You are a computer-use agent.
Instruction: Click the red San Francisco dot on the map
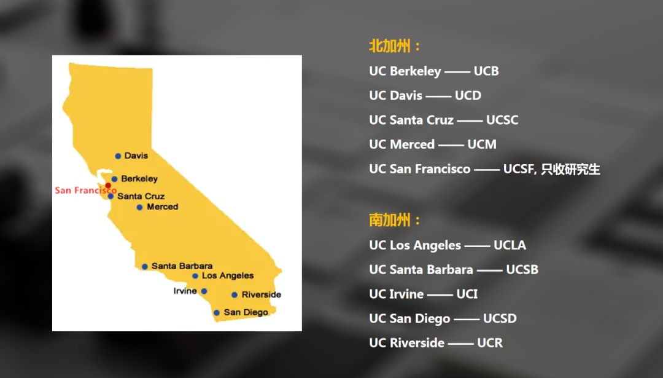(x=108, y=186)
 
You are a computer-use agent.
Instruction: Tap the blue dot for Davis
(x=118, y=156)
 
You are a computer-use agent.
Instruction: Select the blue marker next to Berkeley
(x=114, y=179)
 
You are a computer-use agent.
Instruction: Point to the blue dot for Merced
(x=139, y=207)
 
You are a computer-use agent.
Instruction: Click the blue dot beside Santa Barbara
(x=145, y=267)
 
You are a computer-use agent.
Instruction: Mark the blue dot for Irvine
(x=204, y=291)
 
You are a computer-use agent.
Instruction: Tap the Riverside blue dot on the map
(x=235, y=294)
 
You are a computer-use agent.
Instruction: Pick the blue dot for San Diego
(x=217, y=313)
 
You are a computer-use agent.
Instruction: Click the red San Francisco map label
(x=85, y=191)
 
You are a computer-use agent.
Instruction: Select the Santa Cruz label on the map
(x=141, y=196)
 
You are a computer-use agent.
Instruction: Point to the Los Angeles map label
(x=228, y=275)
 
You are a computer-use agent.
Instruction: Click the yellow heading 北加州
(x=390, y=45)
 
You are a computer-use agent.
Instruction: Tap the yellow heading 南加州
(x=390, y=219)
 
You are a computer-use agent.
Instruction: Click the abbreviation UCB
(x=486, y=71)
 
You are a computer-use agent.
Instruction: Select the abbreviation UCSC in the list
(x=502, y=120)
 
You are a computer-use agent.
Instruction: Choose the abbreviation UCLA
(x=510, y=245)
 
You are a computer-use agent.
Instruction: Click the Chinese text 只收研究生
(x=570, y=169)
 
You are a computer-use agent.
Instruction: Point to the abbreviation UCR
(x=490, y=343)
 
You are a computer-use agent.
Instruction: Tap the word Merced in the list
(x=412, y=144)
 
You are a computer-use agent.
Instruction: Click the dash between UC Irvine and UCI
(x=440, y=295)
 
